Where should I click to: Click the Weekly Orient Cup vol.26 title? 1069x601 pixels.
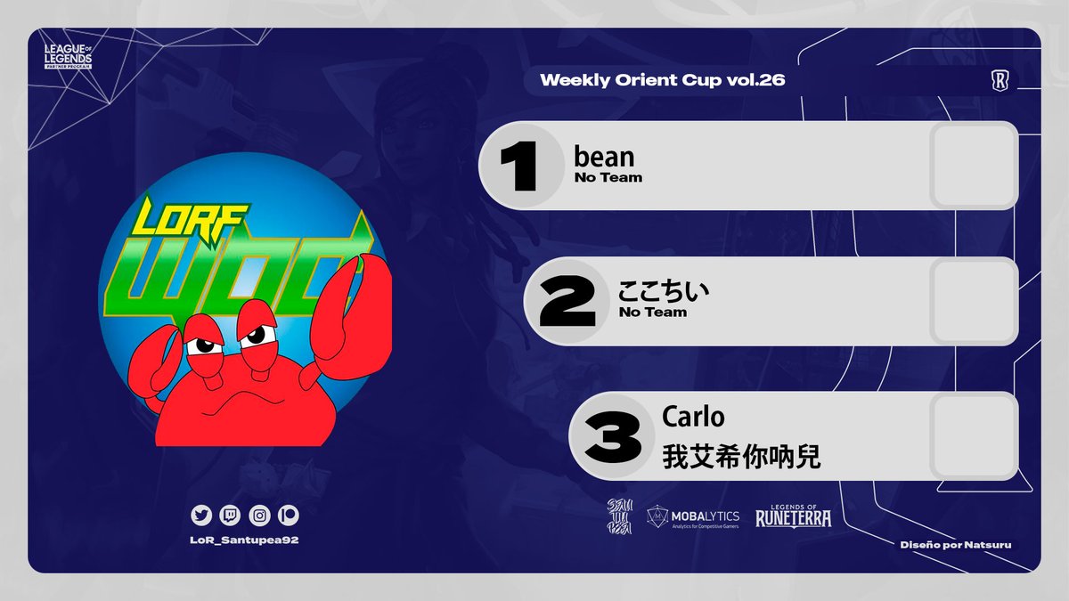click(x=662, y=80)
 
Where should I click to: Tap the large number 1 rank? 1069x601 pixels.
click(x=518, y=166)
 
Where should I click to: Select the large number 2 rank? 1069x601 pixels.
click(x=567, y=302)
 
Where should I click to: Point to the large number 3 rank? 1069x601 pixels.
click(x=613, y=436)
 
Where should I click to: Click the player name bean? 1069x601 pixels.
click(x=605, y=157)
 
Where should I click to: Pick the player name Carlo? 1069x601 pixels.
click(x=693, y=417)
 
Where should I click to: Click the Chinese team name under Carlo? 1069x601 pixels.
click(x=741, y=457)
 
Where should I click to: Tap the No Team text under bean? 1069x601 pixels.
click(x=608, y=177)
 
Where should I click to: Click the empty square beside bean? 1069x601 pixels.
click(x=974, y=166)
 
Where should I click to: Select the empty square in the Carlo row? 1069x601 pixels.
click(x=974, y=436)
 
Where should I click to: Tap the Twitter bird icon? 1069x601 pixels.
click(x=200, y=515)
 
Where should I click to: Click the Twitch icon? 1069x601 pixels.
click(x=229, y=515)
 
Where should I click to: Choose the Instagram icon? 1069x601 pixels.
click(x=258, y=515)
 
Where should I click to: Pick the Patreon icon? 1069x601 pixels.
click(x=288, y=515)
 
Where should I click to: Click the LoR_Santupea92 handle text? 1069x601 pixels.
click(x=244, y=542)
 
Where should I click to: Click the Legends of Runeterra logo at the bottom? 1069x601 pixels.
click(x=793, y=515)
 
